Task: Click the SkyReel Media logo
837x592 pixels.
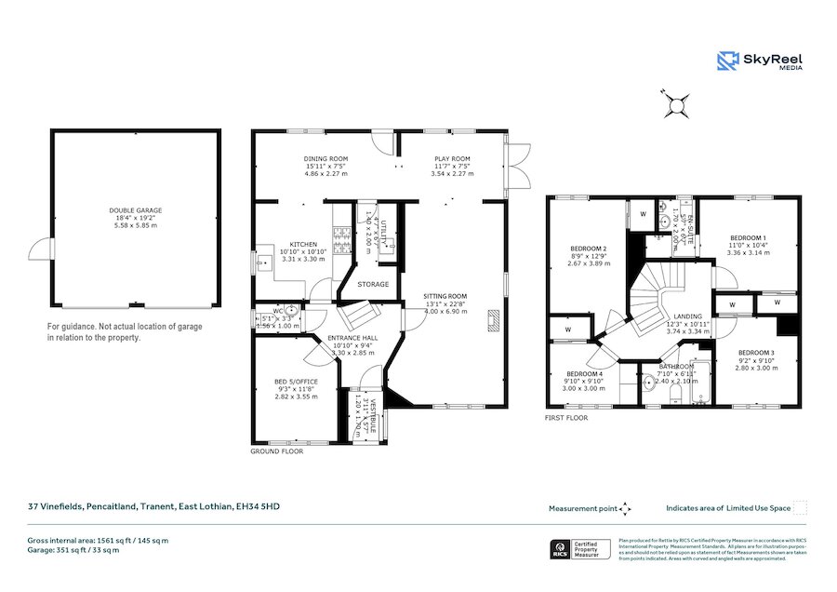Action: [760, 61]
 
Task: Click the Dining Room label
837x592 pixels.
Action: [325, 159]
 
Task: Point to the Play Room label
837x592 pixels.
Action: [452, 159]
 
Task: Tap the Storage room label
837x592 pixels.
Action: [372, 284]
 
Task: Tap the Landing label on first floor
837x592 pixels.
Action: [689, 316]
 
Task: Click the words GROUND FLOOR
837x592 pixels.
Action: [277, 451]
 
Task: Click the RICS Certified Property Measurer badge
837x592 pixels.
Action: [581, 549]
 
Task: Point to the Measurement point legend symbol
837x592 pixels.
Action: [626, 508]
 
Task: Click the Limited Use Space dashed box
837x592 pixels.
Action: [800, 507]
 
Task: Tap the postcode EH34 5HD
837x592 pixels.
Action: [258, 506]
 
